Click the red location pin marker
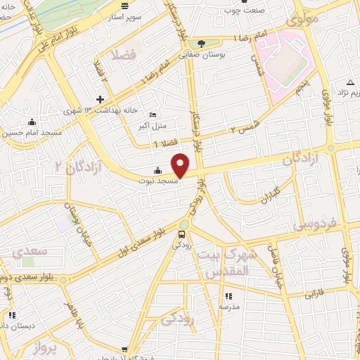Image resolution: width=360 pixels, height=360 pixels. click(x=181, y=165)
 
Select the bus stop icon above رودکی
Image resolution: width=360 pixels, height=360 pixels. click(x=182, y=234)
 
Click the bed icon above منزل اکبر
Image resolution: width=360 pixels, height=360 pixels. click(x=153, y=115)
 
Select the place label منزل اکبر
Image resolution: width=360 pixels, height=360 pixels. click(x=153, y=127)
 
